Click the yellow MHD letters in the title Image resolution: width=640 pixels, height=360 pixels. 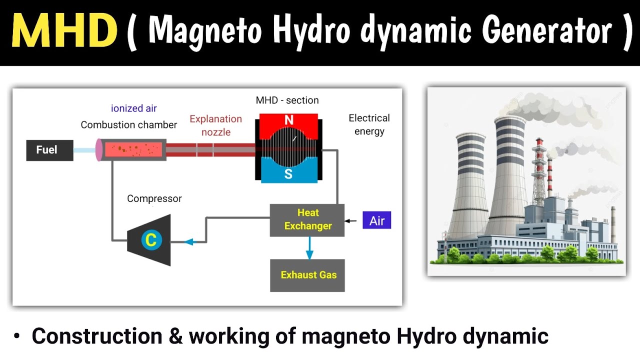click(64, 30)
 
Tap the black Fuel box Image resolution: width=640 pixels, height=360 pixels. click(49, 150)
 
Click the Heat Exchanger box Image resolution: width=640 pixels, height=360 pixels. click(307, 220)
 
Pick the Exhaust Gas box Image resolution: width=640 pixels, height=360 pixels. click(307, 275)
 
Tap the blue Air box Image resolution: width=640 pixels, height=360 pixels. click(377, 220)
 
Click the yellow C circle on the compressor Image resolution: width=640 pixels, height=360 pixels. click(151, 239)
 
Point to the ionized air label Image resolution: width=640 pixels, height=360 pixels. click(133, 108)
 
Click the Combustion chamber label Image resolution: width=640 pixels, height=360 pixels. click(129, 125)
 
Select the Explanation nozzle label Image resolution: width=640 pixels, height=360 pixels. click(215, 125)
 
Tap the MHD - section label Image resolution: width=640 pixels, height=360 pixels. click(287, 100)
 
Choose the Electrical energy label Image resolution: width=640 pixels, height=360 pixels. click(369, 125)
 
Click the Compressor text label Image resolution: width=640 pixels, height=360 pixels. click(154, 198)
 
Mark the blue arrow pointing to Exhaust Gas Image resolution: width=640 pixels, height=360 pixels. click(309, 248)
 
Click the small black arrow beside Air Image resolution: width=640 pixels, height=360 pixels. click(350, 221)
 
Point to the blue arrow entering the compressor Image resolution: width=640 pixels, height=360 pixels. click(190, 242)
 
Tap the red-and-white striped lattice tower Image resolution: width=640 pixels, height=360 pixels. click(538, 171)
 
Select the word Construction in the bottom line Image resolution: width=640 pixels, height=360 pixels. click(97, 336)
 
